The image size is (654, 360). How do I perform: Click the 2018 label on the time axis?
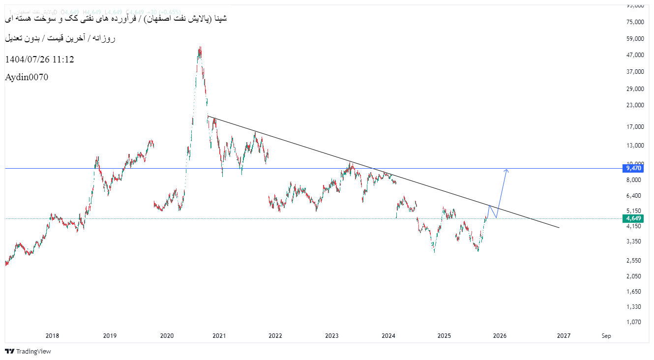point(52,336)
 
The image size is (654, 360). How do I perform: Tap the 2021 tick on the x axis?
point(219,336)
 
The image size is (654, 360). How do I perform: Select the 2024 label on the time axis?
point(388,336)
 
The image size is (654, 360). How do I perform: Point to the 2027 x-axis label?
point(564,336)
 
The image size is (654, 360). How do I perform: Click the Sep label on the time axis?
point(606,336)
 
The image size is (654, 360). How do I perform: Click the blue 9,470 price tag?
point(633,168)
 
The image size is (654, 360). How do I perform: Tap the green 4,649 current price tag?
point(633,218)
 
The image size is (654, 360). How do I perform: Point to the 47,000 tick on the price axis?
point(634,55)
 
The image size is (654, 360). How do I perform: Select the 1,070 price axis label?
point(634,322)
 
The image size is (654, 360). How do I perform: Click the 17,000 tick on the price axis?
point(634,127)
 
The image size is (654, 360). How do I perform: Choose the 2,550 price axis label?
point(634,261)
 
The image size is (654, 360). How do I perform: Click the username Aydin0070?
point(27,77)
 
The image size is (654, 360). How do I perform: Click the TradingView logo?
point(28,351)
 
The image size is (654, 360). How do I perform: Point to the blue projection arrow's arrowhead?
point(506,170)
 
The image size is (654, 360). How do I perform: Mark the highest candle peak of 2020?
point(200,48)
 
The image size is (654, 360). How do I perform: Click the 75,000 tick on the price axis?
point(634,22)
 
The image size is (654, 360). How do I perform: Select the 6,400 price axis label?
point(634,196)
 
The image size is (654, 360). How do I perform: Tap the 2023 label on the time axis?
point(332,336)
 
